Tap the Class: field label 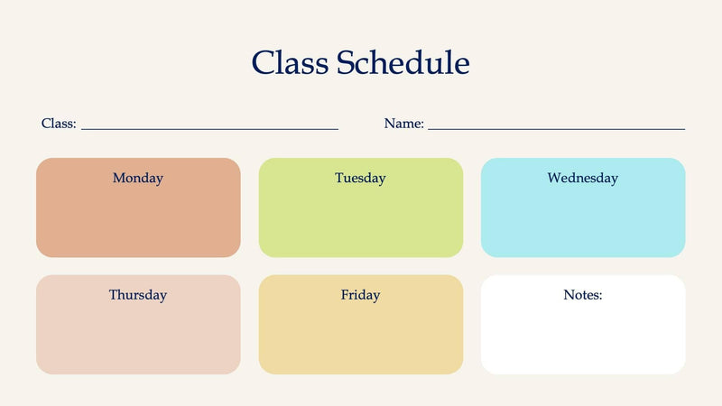click(x=59, y=124)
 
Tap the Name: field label click(x=403, y=124)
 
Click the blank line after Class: click(x=209, y=128)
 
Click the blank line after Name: click(x=556, y=128)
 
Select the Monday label click(x=138, y=178)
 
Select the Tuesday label click(x=360, y=178)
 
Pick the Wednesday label click(x=582, y=178)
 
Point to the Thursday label click(x=138, y=295)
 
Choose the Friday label click(x=360, y=295)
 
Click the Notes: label click(x=582, y=295)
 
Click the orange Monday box click(x=138, y=221)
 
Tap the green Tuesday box click(x=360, y=221)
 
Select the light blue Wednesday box click(x=582, y=221)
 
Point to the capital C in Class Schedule click(x=264, y=62)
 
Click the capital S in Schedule click(x=347, y=62)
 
